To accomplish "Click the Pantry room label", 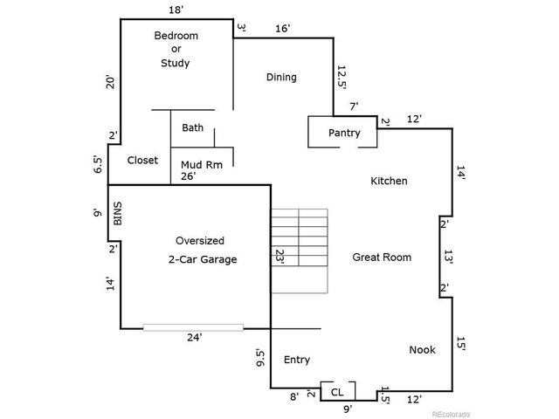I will (x=344, y=133).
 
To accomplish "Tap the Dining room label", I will (x=281, y=77).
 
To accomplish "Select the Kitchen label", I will (x=389, y=181).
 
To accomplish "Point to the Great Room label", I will (x=382, y=257).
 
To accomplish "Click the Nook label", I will (x=422, y=350).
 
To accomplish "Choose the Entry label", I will (x=297, y=360).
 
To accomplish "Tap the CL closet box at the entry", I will (x=337, y=392).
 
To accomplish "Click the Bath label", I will (x=193, y=127).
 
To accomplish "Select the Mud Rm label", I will (x=200, y=163).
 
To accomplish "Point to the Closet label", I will (x=142, y=161).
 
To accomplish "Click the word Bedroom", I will (x=176, y=36).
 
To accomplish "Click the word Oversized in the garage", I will (x=200, y=240).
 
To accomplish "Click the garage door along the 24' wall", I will (x=193, y=327).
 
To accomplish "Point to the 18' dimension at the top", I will (x=176, y=10).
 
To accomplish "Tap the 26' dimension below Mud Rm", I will (x=188, y=175).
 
